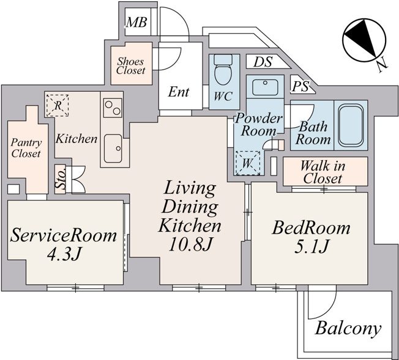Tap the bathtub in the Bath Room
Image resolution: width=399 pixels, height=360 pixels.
tap(350, 125)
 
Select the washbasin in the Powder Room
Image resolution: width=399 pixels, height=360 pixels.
tap(265, 87)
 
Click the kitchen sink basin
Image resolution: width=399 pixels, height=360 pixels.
tap(113, 149)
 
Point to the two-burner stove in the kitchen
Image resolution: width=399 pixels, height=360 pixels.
tap(113, 108)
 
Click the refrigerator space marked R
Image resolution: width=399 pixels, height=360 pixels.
tap(58, 106)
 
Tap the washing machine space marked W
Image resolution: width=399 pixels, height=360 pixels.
tap(248, 163)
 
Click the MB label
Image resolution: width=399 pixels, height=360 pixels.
tap(136, 22)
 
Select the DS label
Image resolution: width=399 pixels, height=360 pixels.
tap(263, 62)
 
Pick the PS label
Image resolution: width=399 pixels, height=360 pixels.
tap(300, 87)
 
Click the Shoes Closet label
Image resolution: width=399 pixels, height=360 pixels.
tap(131, 66)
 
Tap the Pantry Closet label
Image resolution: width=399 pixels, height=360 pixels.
tap(26, 148)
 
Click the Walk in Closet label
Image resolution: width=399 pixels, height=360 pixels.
tap(323, 172)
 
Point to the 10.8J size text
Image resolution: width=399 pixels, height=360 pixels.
tap(190, 244)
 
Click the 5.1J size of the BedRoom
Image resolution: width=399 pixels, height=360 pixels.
tap(311, 246)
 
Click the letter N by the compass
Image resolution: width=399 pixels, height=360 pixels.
tap(382, 67)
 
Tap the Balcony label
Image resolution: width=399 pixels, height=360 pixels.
tap(348, 328)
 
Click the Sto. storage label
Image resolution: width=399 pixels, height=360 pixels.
tap(61, 180)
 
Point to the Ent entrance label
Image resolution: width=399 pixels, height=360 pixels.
tap(179, 92)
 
